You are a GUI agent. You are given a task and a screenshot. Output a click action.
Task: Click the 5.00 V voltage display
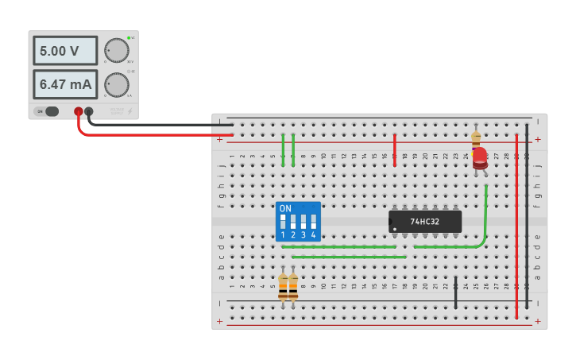click(x=64, y=51)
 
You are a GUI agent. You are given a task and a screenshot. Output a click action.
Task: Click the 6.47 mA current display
click(x=64, y=84)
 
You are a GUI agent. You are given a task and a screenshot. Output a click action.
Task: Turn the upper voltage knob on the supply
click(x=116, y=51)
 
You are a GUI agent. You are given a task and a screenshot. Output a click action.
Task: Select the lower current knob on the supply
click(x=116, y=84)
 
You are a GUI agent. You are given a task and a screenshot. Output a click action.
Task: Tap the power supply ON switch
click(x=51, y=111)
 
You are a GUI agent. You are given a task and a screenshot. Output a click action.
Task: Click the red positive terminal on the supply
click(x=78, y=112)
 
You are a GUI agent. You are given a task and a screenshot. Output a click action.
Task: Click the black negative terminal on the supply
click(x=89, y=112)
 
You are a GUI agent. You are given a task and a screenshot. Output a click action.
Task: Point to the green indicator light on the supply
click(x=128, y=37)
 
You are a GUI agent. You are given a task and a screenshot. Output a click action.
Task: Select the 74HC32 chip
click(x=425, y=222)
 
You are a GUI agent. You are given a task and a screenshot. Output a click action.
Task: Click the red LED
click(x=480, y=157)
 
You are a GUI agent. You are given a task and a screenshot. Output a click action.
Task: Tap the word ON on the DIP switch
click(x=285, y=208)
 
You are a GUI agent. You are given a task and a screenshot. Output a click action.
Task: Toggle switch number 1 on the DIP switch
click(x=283, y=222)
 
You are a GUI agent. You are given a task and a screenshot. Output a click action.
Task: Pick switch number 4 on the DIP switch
click(x=313, y=222)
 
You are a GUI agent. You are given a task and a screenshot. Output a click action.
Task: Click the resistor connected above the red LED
click(x=476, y=137)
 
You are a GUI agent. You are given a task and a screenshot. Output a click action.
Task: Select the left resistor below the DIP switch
click(x=283, y=287)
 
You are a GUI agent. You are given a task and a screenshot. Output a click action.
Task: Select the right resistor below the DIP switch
click(x=293, y=287)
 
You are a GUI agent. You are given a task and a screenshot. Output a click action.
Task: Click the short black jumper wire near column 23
click(x=455, y=294)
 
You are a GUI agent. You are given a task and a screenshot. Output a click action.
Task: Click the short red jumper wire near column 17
click(x=394, y=149)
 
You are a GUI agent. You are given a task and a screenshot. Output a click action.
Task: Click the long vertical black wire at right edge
click(x=527, y=215)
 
